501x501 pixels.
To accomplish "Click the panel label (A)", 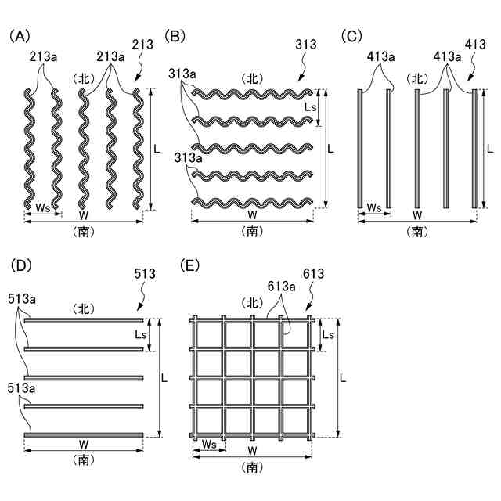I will coord(19,36).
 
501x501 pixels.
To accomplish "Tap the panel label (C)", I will coord(353,36).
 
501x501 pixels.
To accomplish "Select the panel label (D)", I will coord(19,266).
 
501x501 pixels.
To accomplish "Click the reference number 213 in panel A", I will coord(143,45).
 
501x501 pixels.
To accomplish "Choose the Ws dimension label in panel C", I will coord(374,207).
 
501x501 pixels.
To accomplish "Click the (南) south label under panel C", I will coord(418,231).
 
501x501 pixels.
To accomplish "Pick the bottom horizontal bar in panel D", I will coord(84,434).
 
